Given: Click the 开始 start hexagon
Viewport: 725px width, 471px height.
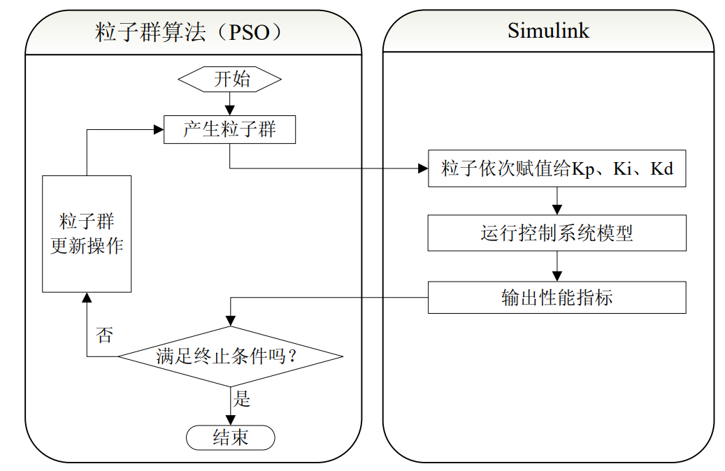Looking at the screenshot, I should pos(230,79).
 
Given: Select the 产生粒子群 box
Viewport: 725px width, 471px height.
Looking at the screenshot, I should pos(229,129).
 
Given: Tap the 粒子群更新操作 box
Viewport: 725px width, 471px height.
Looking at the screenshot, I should pos(87,234).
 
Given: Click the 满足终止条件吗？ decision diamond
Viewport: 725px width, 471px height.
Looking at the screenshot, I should pos(230,356).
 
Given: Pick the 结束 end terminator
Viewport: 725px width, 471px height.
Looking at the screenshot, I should pos(230,438).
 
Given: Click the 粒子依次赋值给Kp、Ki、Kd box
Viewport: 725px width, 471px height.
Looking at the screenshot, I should pos(557,168).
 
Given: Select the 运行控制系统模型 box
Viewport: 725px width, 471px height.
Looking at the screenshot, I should pos(557,233).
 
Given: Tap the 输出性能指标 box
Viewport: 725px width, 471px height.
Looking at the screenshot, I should pos(557,297).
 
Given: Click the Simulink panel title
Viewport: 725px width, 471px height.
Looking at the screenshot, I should pos(548,31).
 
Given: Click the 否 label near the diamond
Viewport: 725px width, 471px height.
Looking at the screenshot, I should pos(104,335).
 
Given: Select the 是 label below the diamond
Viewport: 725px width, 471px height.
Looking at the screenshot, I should pos(242,399).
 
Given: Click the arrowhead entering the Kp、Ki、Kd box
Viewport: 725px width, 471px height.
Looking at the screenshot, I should pos(422,168).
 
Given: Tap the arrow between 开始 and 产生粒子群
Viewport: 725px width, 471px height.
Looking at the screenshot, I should pos(230,103).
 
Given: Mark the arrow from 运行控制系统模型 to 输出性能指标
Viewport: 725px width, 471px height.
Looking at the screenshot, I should pos(557,266).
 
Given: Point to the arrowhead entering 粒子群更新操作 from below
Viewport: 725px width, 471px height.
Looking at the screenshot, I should pos(87,298).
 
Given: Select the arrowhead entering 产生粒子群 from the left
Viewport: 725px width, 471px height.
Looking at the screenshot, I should pos(158,129).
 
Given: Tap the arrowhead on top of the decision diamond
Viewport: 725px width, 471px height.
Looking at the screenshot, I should pos(230,321).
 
